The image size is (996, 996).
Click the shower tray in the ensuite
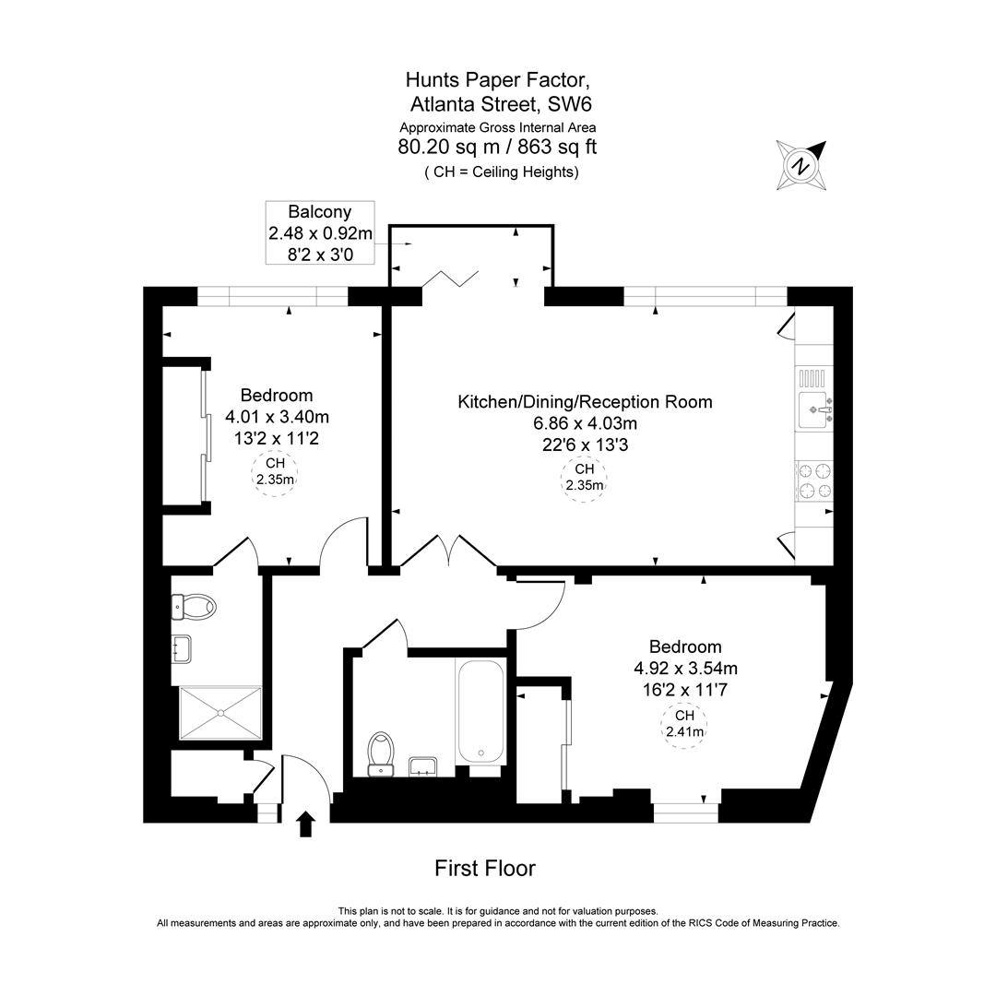(220, 712)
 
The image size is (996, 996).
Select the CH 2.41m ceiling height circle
(684, 725)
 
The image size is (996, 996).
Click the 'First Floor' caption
(484, 868)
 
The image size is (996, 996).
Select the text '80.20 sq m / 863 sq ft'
(497, 148)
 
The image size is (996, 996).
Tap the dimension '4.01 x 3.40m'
(277, 416)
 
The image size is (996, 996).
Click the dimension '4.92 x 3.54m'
(684, 668)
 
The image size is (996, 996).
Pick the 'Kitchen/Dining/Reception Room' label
(585, 402)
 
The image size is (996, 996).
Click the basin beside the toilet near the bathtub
(423, 765)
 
